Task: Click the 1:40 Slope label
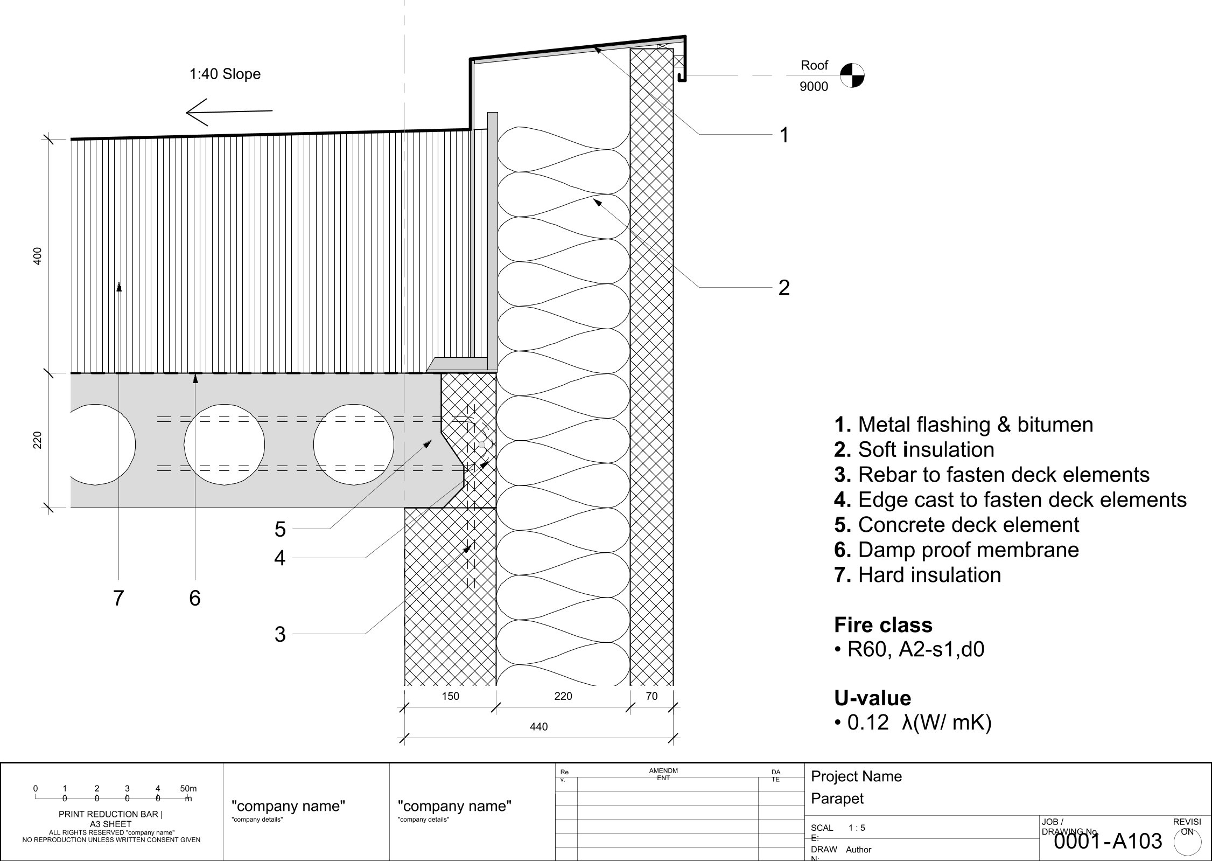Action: (225, 74)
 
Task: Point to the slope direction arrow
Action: (229, 112)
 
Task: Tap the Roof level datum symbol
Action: (852, 75)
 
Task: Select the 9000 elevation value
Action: (814, 87)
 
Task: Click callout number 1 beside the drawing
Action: (784, 135)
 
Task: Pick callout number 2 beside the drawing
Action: (784, 288)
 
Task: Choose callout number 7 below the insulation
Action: (118, 598)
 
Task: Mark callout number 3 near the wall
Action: (279, 634)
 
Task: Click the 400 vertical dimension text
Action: (37, 256)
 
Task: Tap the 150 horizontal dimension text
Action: (450, 696)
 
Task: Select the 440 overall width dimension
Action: (538, 727)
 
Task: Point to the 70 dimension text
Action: (651, 696)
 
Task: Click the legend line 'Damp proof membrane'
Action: (956, 550)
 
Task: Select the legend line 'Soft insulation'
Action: (914, 449)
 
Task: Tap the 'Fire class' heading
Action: (883, 624)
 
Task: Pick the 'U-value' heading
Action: (872, 698)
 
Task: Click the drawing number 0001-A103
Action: (1108, 841)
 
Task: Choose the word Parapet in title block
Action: (837, 798)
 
